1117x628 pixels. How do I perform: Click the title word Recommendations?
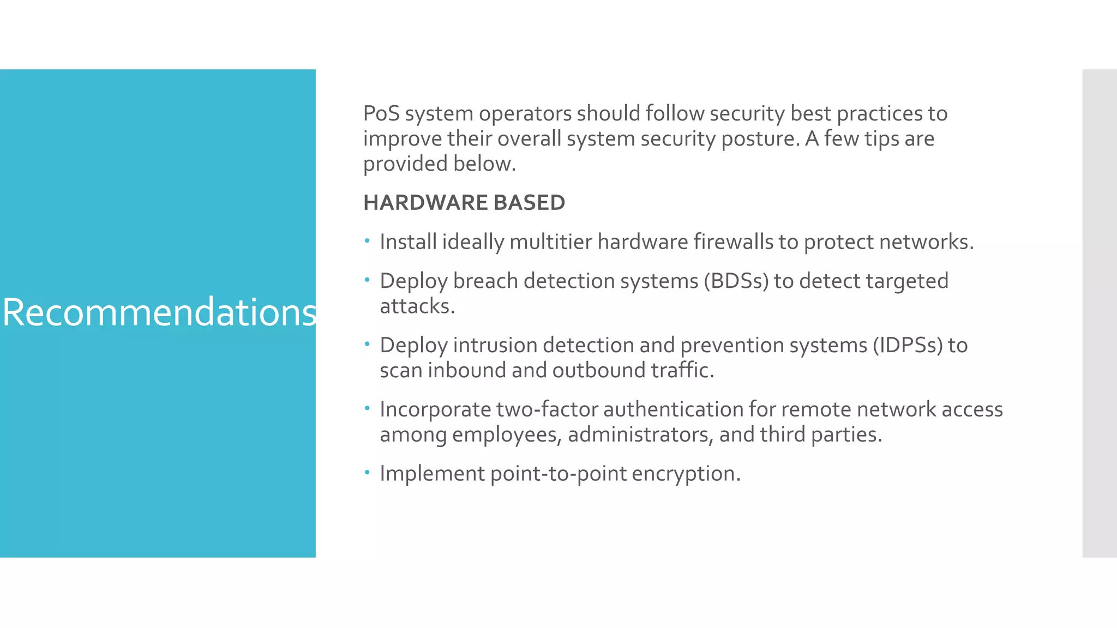coord(159,312)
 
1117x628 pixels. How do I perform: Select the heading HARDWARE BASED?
coord(464,203)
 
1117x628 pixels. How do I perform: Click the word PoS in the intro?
coord(381,114)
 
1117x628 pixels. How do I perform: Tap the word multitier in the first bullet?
coord(550,242)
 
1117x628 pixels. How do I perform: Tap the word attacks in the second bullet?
coord(417,306)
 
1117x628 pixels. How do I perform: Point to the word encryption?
coord(686,474)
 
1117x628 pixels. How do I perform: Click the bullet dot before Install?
coord(367,240)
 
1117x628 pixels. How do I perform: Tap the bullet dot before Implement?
coord(367,472)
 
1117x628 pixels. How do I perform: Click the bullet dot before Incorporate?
coord(367,408)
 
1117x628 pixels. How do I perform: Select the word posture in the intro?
coord(760,139)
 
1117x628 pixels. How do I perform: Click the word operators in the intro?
coord(524,114)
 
